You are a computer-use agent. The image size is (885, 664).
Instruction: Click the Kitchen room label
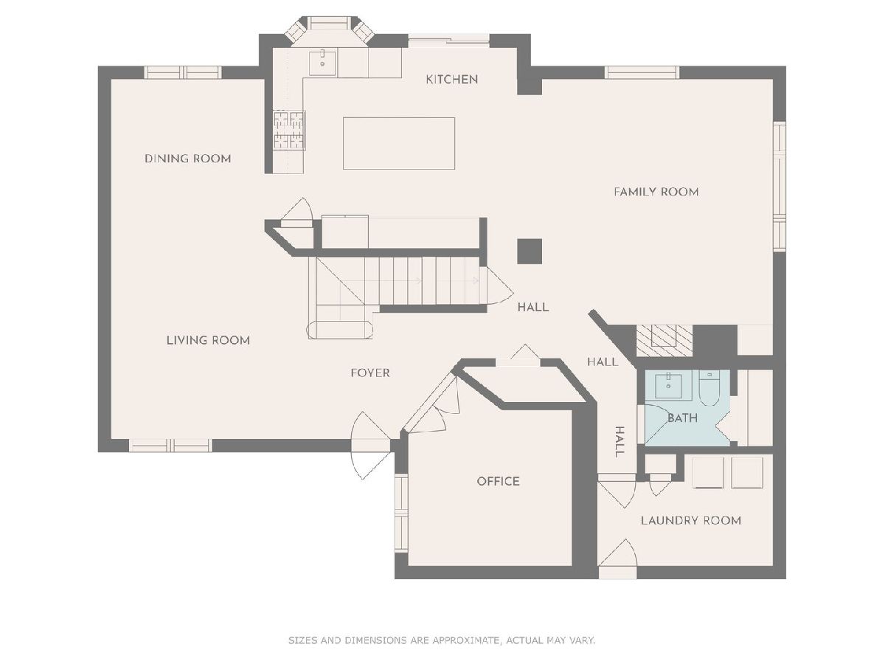451,80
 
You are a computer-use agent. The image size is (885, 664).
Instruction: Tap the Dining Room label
188,159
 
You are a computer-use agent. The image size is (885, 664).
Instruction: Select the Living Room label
208,340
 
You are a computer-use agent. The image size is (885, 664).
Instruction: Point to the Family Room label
656,192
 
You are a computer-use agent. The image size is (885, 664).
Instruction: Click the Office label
498,481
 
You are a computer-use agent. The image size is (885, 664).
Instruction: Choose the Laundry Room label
690,520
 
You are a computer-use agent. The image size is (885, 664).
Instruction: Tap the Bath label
682,418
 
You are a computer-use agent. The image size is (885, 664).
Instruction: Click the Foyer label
370,373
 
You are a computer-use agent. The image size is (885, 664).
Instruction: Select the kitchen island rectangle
399,144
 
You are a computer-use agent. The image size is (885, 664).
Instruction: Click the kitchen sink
322,63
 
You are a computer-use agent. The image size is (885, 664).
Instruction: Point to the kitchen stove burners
289,131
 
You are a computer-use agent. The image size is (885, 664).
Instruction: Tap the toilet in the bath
709,388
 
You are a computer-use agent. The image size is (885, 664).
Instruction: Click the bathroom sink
668,385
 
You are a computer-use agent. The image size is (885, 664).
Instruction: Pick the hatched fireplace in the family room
664,340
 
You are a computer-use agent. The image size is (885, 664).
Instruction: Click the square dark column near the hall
530,251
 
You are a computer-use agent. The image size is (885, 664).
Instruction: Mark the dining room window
183,72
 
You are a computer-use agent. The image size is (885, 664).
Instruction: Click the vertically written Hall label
619,441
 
